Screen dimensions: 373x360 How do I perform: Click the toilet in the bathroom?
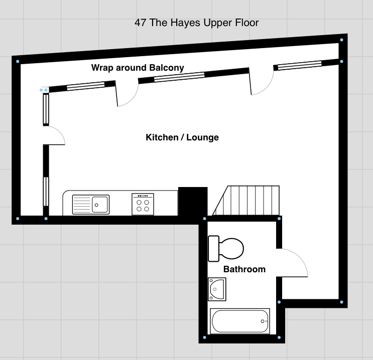[226, 249]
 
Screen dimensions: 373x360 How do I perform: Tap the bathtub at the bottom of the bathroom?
[240, 321]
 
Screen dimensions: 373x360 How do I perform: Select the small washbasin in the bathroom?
[217, 289]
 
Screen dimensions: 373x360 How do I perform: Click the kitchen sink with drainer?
[91, 205]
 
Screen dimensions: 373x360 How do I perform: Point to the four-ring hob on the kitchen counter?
[143, 204]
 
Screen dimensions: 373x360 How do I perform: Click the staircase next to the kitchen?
[246, 201]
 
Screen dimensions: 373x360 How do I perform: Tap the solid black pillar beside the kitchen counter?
[193, 202]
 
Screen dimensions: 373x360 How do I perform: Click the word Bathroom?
[244, 269]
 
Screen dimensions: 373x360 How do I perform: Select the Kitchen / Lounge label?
[182, 137]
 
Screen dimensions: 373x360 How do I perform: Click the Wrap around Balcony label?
[138, 68]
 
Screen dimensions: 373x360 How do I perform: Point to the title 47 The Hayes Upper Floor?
[196, 23]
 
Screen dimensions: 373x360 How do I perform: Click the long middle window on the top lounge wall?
[179, 77]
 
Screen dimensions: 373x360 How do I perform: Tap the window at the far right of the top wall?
[300, 65]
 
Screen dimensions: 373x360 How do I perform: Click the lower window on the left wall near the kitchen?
[46, 192]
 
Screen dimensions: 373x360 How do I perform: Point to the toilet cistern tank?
[213, 249]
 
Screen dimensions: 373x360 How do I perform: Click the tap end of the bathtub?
[264, 321]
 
